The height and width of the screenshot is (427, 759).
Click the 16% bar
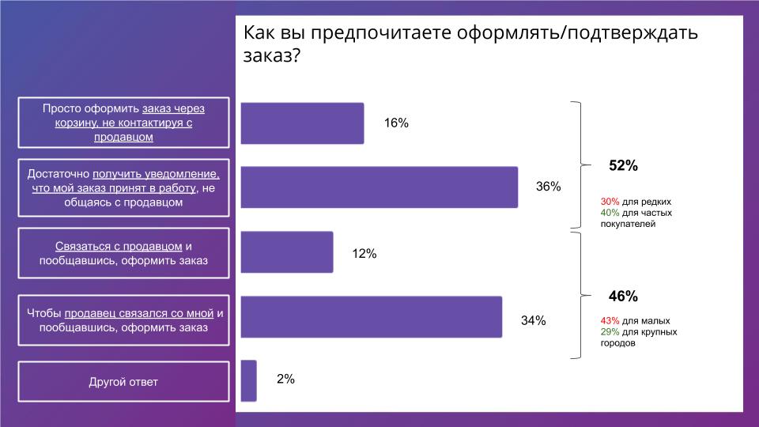coord(302,123)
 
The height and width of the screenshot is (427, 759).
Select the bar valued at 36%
coord(379,187)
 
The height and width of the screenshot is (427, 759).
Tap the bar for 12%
coord(286,252)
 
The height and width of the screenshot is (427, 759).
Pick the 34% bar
coord(371,317)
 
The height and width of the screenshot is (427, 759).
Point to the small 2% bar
coord(248,380)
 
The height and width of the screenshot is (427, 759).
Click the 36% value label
coord(548,187)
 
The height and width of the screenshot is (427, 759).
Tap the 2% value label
coord(285,380)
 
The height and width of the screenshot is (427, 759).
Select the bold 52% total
coord(623,166)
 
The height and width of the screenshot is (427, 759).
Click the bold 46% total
coord(623,297)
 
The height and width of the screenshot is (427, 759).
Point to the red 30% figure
coord(610,202)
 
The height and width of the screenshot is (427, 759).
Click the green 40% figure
coord(610,213)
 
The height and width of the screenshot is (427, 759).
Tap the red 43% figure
coord(610,321)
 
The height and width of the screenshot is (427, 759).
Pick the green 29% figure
coord(610,332)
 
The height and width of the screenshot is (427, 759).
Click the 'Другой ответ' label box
coord(123,382)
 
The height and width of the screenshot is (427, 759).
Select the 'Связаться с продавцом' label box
coord(123,253)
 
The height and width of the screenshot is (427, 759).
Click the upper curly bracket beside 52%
coord(582,165)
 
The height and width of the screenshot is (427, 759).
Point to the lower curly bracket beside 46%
coord(582,295)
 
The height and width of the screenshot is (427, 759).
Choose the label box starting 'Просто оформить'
coord(123,123)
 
